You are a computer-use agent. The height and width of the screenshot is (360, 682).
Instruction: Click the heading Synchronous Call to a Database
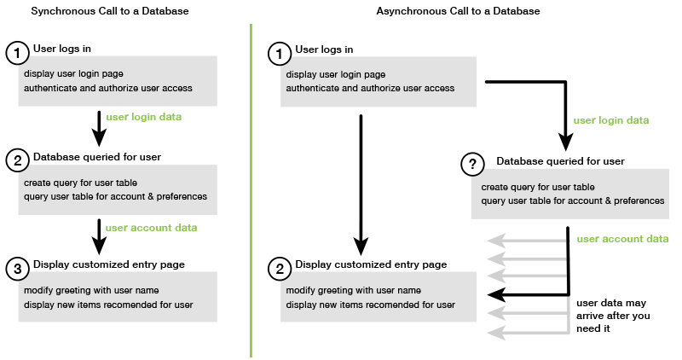(110, 11)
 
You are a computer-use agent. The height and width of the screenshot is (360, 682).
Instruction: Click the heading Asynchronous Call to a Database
(458, 11)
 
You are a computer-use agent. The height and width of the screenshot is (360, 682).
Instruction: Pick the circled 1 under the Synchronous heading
(18, 53)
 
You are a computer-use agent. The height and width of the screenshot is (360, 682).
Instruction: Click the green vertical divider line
(251, 188)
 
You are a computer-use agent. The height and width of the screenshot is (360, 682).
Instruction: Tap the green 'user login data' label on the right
(611, 120)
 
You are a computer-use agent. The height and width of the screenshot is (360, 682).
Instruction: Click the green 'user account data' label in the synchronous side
(151, 228)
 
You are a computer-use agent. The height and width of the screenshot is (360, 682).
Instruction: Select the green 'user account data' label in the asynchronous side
(622, 239)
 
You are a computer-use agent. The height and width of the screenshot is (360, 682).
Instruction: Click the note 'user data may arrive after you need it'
(611, 316)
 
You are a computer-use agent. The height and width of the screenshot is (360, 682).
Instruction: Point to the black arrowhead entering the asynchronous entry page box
(493, 294)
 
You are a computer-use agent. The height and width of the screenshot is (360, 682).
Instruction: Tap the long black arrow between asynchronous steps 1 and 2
(361, 179)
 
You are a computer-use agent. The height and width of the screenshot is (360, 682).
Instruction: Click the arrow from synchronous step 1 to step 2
(99, 125)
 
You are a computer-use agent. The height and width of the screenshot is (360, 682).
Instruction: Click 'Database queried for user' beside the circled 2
(97, 157)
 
